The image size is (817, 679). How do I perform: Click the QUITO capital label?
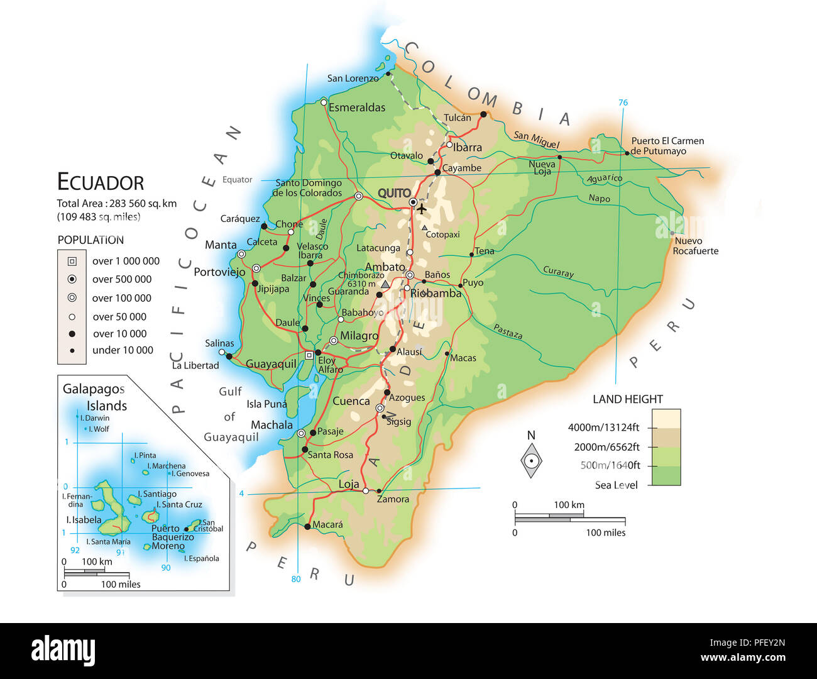click(x=394, y=193)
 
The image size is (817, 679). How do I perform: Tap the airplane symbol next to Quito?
click(x=421, y=209)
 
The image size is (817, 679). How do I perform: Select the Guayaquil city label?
click(x=271, y=364)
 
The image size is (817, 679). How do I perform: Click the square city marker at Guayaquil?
click(x=309, y=355)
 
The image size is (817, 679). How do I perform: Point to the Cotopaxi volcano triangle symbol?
click(x=425, y=228)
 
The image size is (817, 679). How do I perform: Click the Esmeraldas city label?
click(x=357, y=108)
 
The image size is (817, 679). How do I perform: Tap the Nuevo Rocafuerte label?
click(x=695, y=246)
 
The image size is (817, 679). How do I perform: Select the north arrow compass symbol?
click(x=531, y=460)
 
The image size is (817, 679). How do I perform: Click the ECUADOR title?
click(x=101, y=182)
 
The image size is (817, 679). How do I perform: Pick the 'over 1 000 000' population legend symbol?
click(x=72, y=261)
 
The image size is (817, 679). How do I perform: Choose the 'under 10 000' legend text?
click(x=123, y=350)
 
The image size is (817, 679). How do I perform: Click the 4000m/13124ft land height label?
click(x=603, y=428)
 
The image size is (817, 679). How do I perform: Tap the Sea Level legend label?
click(x=616, y=485)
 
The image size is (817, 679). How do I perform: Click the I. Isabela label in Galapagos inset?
click(x=84, y=520)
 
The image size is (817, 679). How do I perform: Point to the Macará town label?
click(x=327, y=524)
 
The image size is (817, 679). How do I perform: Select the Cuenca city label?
click(x=351, y=401)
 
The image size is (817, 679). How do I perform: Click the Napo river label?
click(x=599, y=198)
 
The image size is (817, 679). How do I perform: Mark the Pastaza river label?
click(x=508, y=331)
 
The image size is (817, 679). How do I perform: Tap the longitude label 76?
click(x=623, y=102)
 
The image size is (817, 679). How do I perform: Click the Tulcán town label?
click(x=457, y=118)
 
